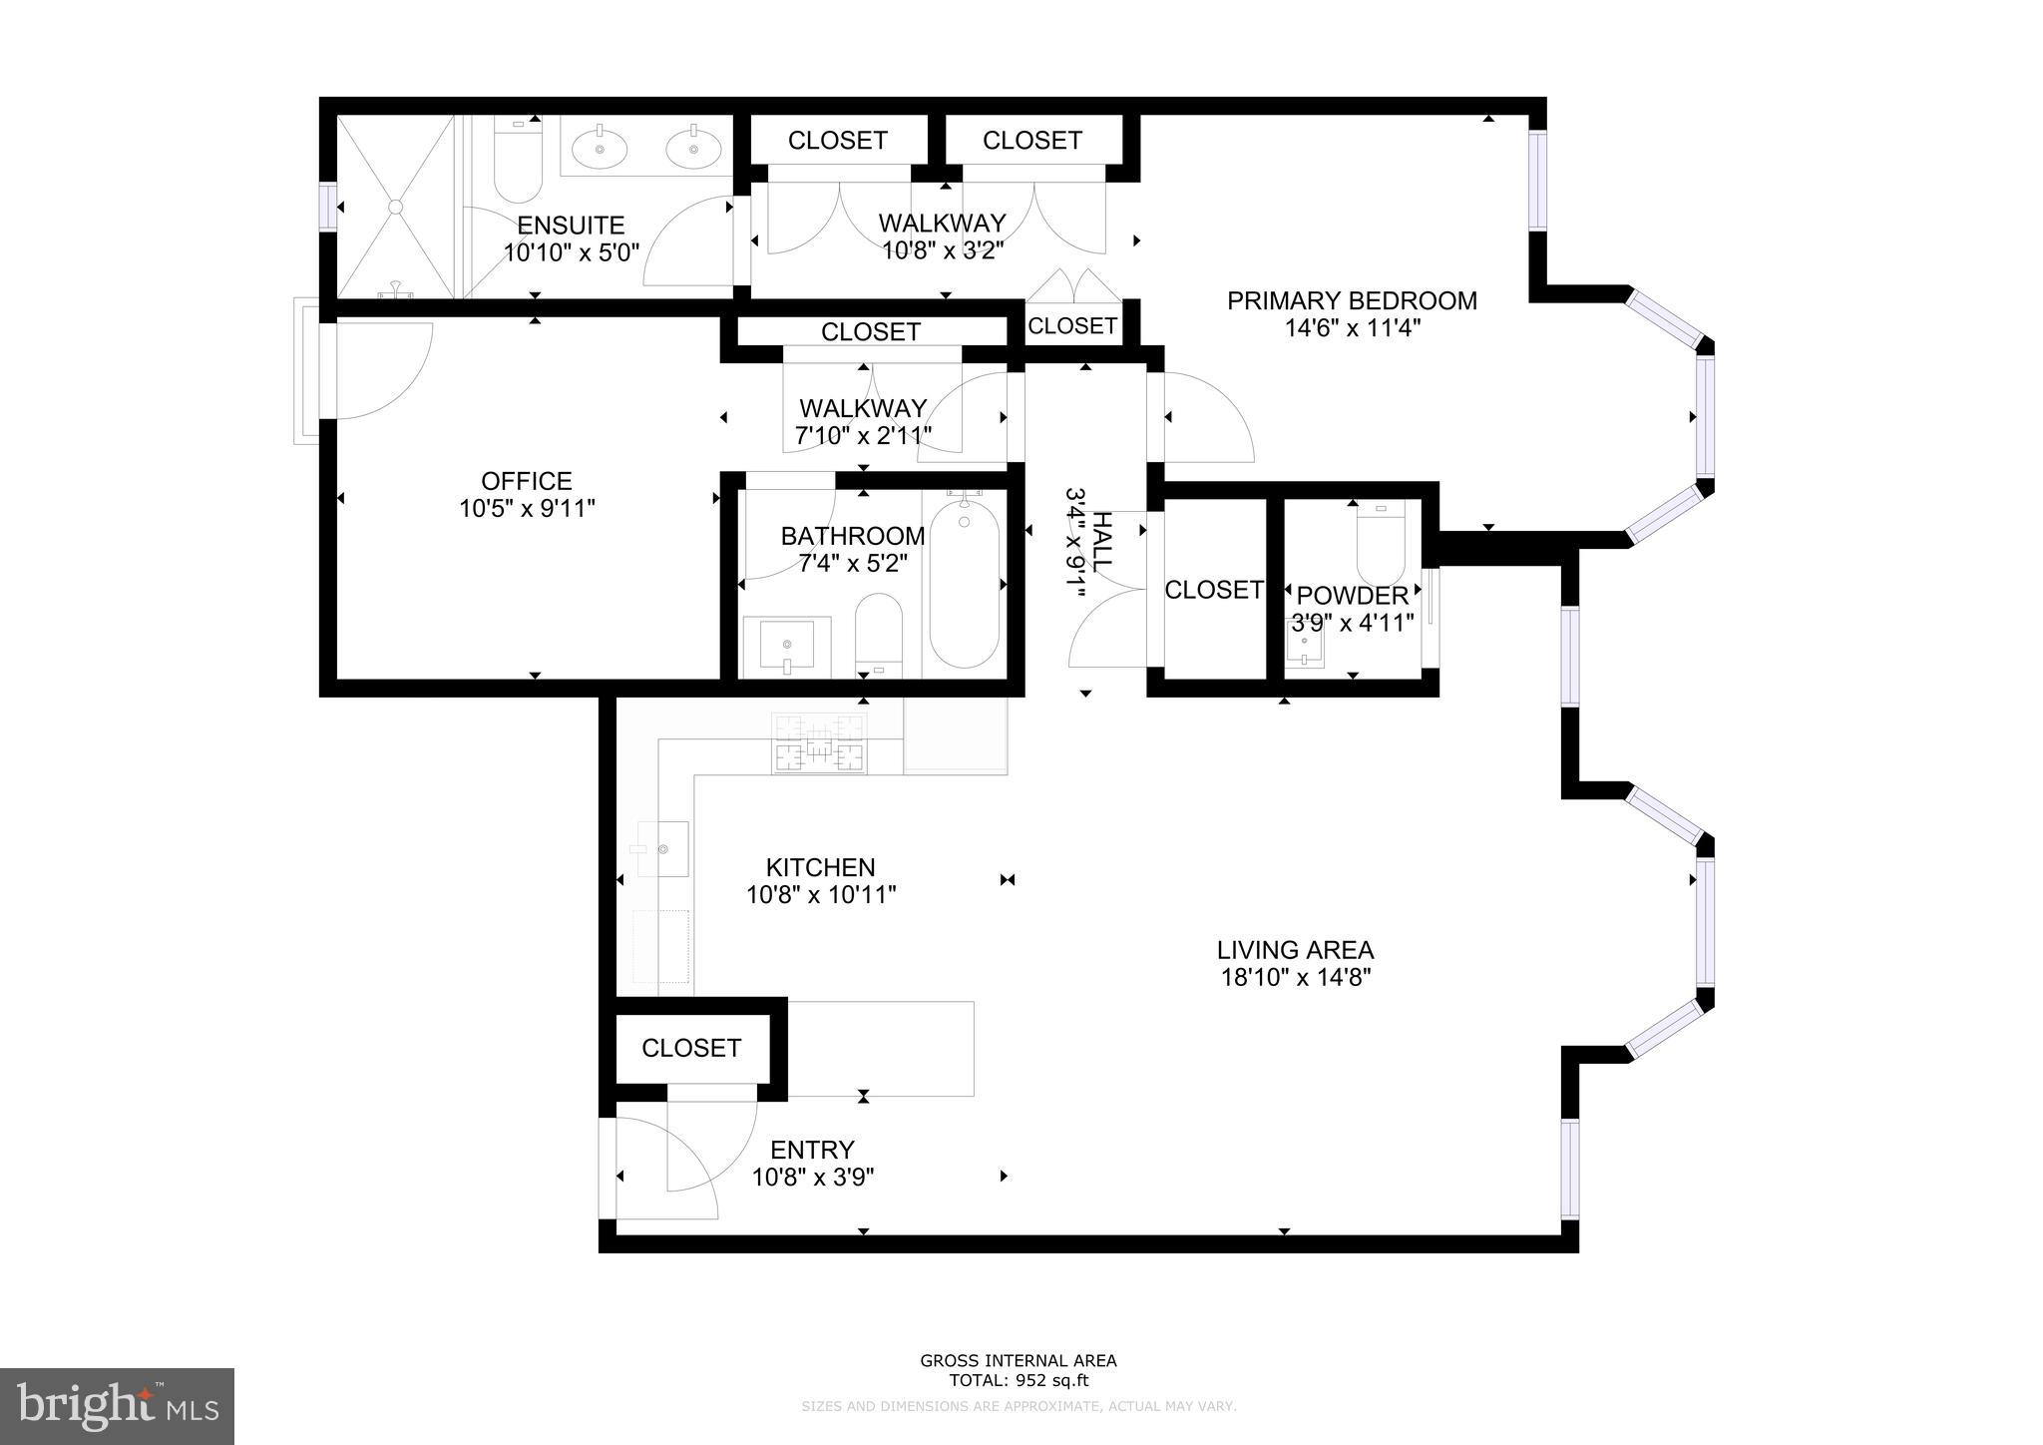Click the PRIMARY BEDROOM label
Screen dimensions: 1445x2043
(1352, 300)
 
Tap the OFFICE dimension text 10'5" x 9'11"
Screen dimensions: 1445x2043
(527, 509)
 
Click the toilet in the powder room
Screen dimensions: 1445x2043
(1381, 544)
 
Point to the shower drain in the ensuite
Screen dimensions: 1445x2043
(395, 207)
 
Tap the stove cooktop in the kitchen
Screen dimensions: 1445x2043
(818, 744)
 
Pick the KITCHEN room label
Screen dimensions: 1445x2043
(820, 867)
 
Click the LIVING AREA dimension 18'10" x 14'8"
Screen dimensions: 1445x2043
(1295, 978)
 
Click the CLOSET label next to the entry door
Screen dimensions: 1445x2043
(690, 1048)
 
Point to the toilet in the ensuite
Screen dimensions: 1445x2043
(517, 160)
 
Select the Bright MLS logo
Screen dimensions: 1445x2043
(117, 1406)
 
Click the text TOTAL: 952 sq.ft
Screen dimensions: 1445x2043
(1018, 1381)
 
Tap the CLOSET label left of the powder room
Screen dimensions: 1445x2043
(1213, 590)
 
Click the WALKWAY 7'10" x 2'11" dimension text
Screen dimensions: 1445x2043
(863, 436)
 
